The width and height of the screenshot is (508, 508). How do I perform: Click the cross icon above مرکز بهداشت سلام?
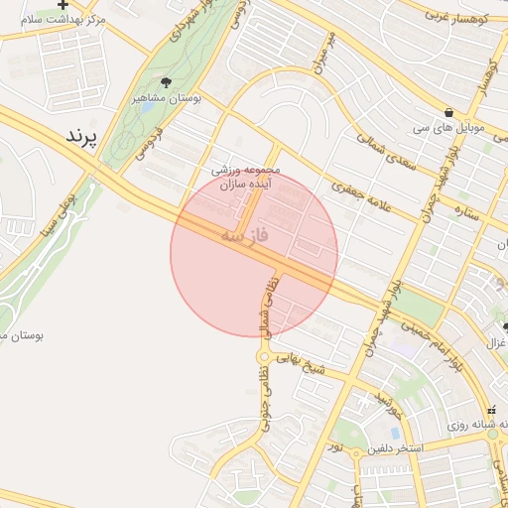(x=64, y=4)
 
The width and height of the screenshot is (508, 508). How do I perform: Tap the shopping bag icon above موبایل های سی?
(x=450, y=112)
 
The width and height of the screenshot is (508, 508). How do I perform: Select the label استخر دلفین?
(x=394, y=449)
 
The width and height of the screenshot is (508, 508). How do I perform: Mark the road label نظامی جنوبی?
(x=265, y=406)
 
